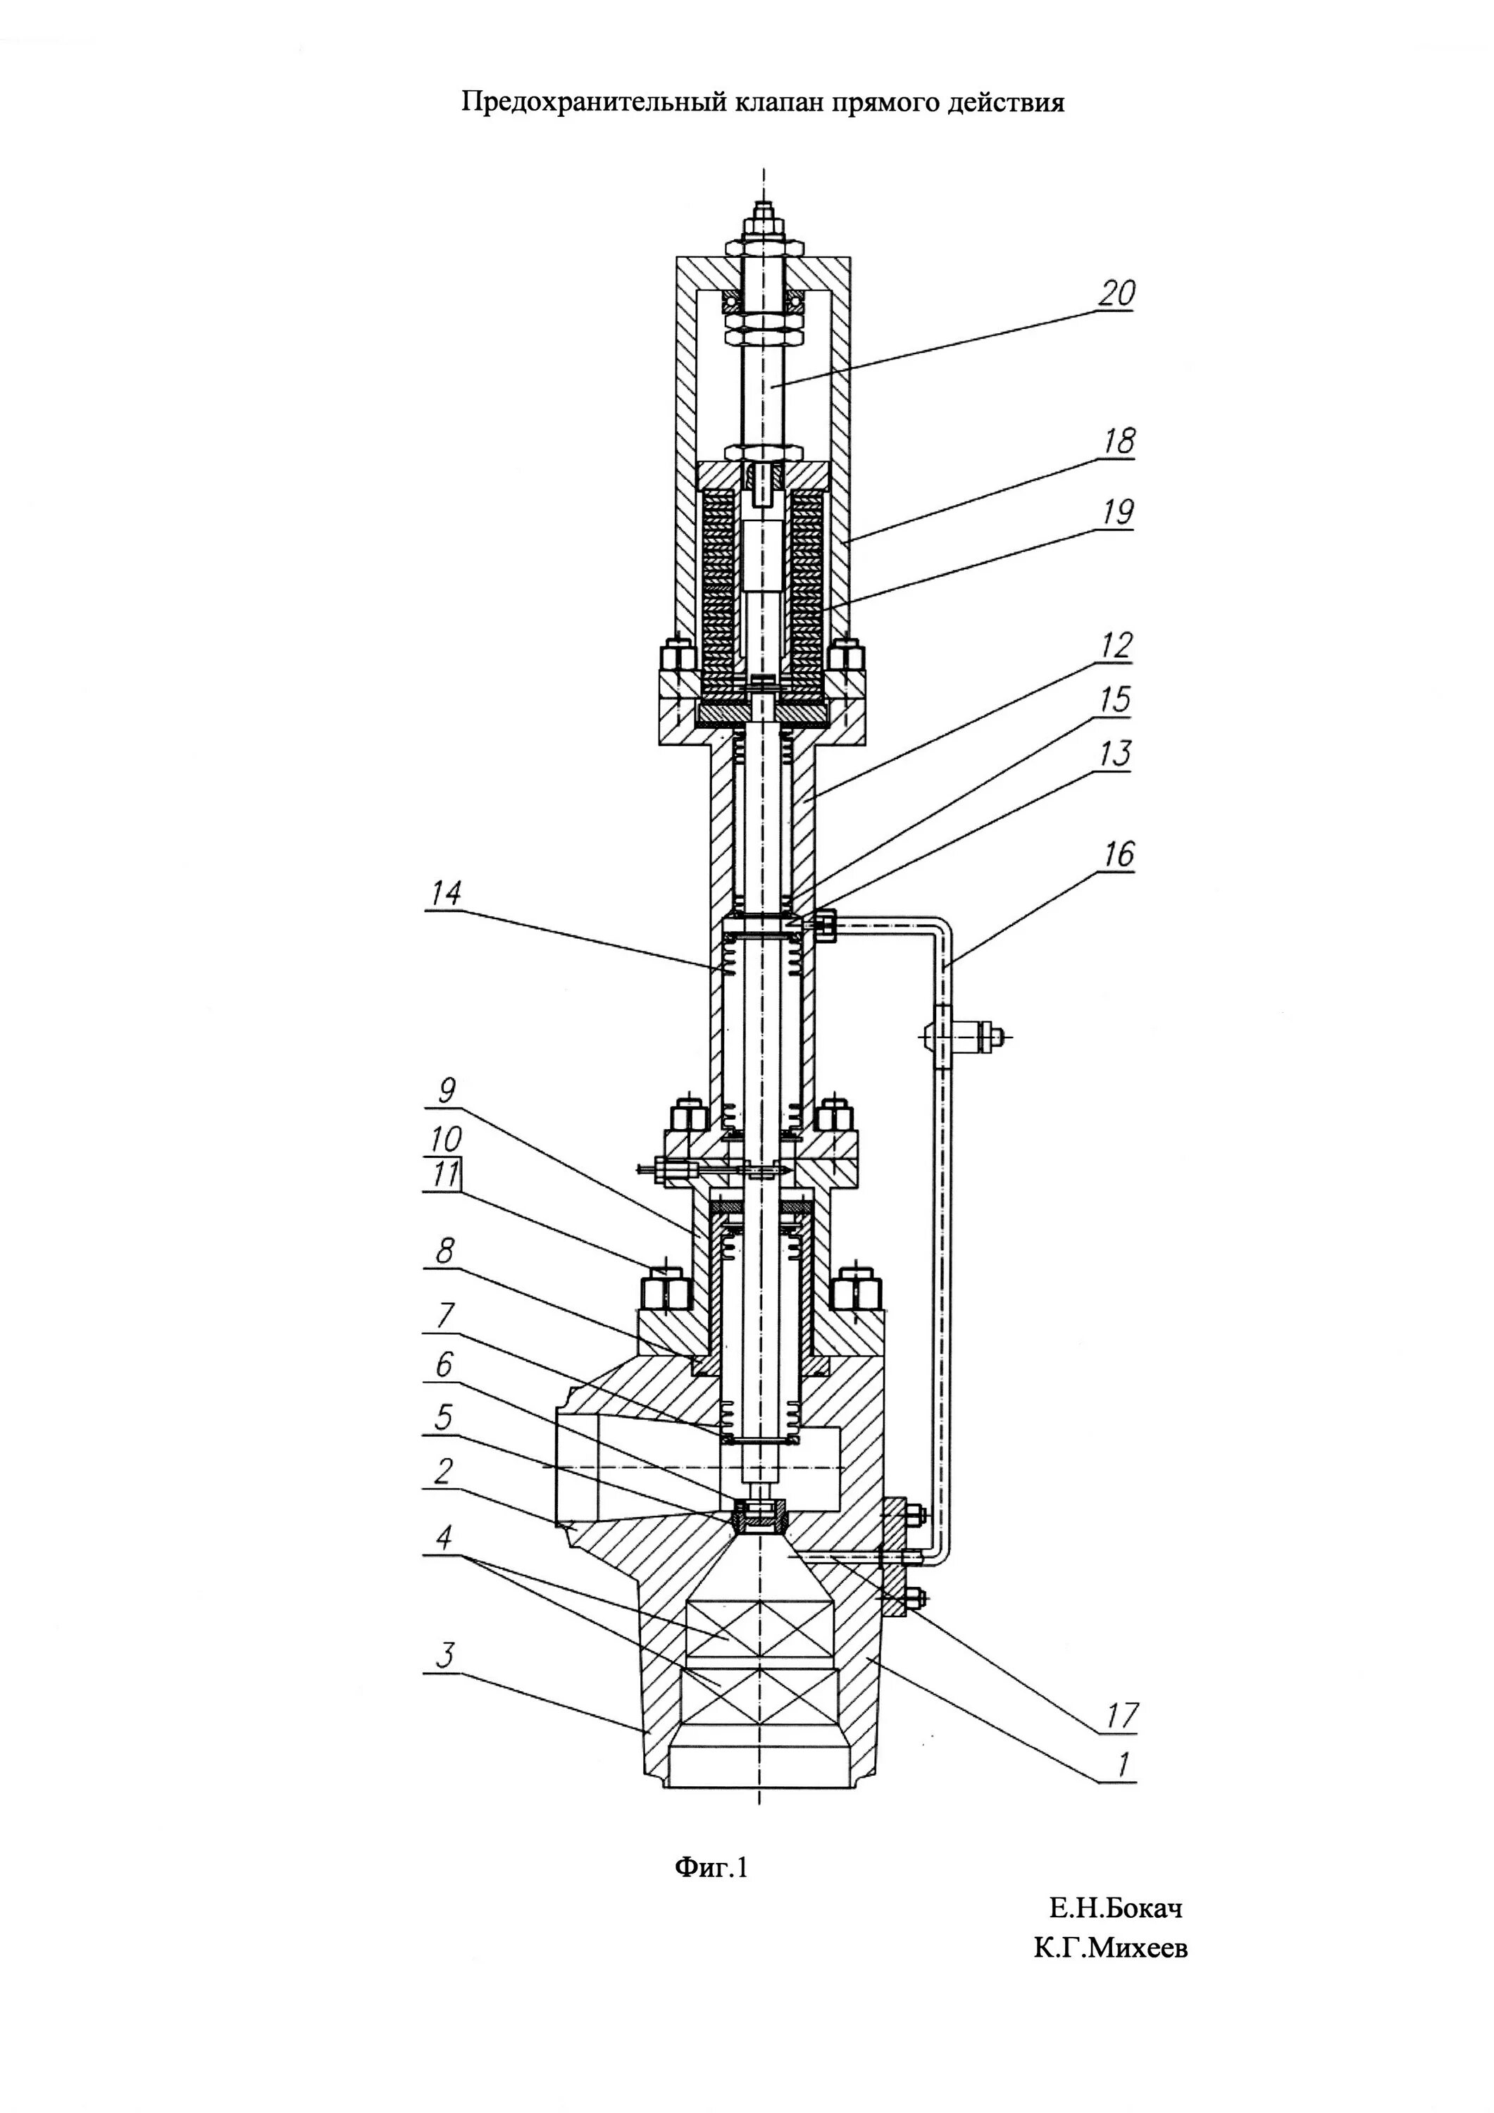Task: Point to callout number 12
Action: coord(1115,645)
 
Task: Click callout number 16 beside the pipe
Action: coord(1119,855)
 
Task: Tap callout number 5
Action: coord(444,1416)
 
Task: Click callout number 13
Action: coord(1116,754)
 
